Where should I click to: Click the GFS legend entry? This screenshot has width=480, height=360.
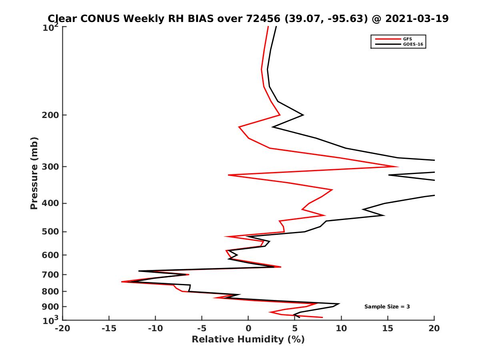click(405, 39)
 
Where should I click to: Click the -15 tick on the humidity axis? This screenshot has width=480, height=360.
click(109, 328)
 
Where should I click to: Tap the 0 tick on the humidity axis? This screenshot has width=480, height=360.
click(248, 328)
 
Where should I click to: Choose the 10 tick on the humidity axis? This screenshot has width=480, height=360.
click(341, 328)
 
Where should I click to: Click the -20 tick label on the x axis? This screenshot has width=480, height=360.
click(62, 328)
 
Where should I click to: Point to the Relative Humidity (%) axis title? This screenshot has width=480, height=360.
click(248, 340)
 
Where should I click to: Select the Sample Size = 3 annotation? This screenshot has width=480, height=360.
click(387, 307)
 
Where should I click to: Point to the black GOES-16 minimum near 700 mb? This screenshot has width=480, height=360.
click(139, 271)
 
